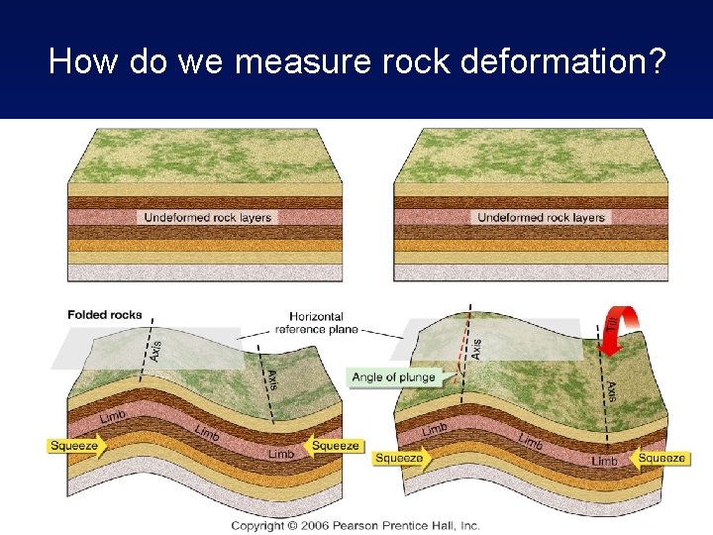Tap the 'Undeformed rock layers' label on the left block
pos(207,217)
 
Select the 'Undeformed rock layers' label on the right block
pos(541,217)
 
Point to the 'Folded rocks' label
pos(105,315)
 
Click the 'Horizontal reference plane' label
pos(318,322)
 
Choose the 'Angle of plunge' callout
pos(392,376)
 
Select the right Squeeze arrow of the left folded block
pos(334,446)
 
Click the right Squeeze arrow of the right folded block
pos(661,458)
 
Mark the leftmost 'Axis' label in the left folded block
pos(156,350)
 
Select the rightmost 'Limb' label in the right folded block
pos(604,461)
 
